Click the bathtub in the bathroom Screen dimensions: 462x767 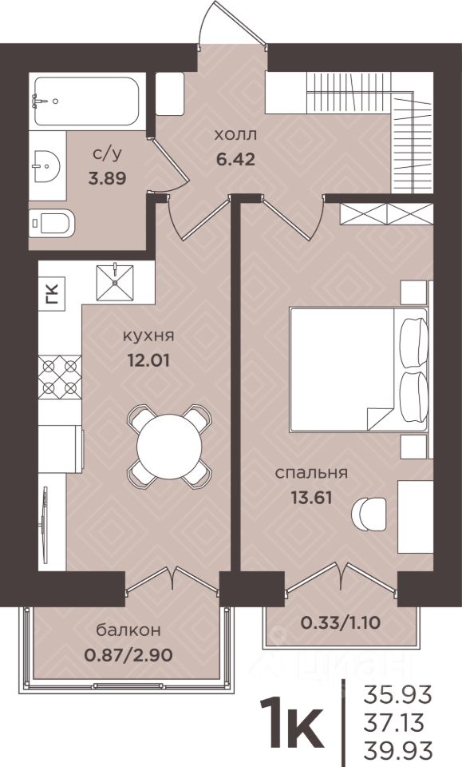(x=87, y=101)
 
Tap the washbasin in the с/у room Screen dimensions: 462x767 (x=47, y=165)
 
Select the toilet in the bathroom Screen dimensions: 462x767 (x=51, y=224)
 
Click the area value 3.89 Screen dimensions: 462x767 (x=107, y=178)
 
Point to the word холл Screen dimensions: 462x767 (x=235, y=134)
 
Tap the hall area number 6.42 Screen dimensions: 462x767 (x=235, y=159)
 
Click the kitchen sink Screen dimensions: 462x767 (x=115, y=282)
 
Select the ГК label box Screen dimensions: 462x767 (x=51, y=294)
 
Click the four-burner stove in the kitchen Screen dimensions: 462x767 (x=60, y=376)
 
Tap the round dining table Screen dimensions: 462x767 (x=169, y=446)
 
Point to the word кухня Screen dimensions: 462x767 (x=148, y=336)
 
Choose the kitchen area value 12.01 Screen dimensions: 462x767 (x=148, y=361)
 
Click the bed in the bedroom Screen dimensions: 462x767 (x=358, y=369)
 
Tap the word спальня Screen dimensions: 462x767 (x=311, y=474)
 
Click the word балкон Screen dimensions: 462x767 (x=128, y=630)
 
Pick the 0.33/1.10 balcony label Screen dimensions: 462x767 (x=341, y=622)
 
